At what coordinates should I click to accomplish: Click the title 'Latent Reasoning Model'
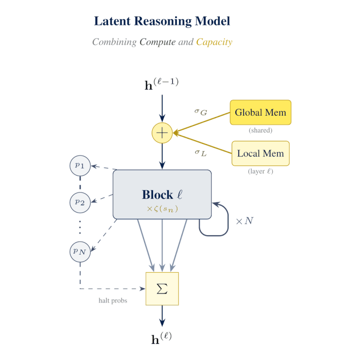click(x=162, y=21)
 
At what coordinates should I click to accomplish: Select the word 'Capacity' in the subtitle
click(x=214, y=42)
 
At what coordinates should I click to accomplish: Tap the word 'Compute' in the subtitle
click(x=157, y=42)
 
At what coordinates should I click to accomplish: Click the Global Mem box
click(x=261, y=112)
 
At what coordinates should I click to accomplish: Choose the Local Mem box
click(x=261, y=153)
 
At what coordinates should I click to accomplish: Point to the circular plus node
click(x=162, y=133)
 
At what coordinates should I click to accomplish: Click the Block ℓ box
click(x=162, y=194)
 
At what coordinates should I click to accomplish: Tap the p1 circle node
click(x=80, y=165)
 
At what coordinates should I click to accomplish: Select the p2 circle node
click(x=80, y=202)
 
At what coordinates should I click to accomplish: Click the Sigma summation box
click(x=162, y=289)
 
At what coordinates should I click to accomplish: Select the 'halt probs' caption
click(x=112, y=301)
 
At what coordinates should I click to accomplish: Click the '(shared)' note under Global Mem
click(x=261, y=130)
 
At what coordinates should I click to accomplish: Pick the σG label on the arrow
click(x=201, y=112)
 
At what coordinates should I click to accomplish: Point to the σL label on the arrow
click(x=201, y=152)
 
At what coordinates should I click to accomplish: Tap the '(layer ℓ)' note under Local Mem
click(x=261, y=171)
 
